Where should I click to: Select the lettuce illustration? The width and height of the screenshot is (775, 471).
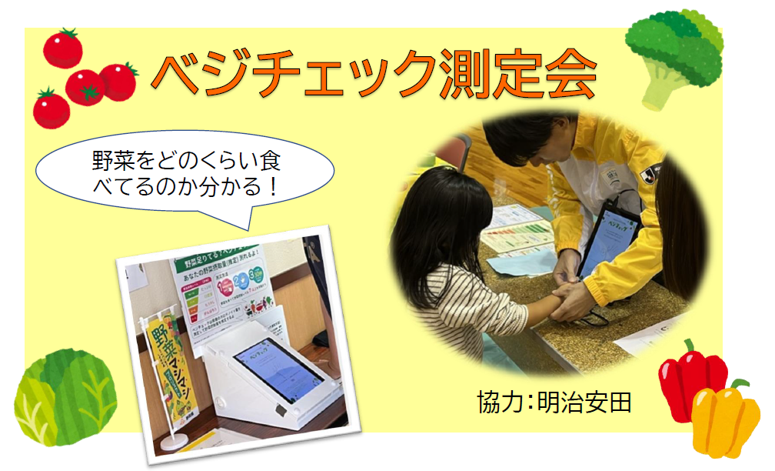(x=65, y=396)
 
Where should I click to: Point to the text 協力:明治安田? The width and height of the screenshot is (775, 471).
(x=554, y=402)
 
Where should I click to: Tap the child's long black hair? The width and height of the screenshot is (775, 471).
(x=442, y=231)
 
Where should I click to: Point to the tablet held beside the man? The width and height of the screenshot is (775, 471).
(x=607, y=239)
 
